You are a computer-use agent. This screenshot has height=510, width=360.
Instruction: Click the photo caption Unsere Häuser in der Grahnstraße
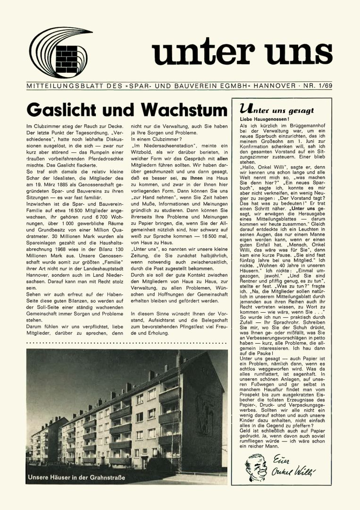tap(76, 477)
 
